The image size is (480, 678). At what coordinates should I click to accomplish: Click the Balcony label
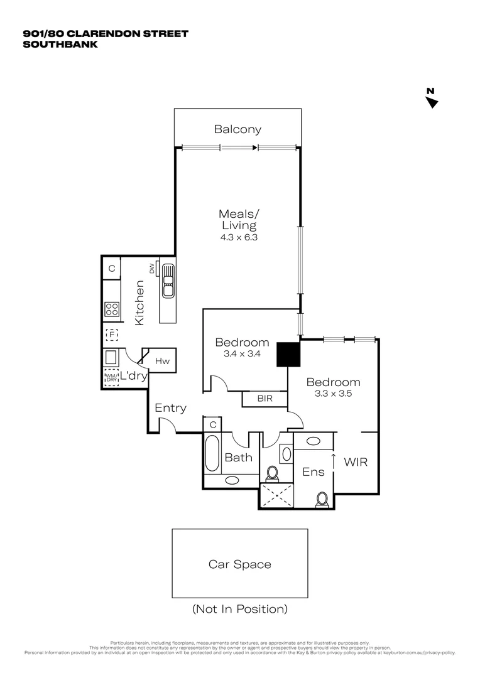tap(237, 130)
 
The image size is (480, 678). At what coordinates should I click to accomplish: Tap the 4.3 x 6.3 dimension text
tap(238, 238)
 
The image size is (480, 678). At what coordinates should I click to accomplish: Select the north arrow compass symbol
tap(432, 100)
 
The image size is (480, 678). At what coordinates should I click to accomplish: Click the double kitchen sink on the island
tap(168, 280)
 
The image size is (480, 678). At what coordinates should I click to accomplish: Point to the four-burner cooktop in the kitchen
tap(112, 309)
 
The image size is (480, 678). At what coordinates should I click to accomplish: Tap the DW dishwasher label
tap(152, 269)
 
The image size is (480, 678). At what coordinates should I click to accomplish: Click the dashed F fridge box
tap(112, 335)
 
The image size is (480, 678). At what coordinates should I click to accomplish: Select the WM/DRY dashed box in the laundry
tap(112, 377)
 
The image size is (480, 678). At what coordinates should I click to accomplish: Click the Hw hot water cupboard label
tap(162, 361)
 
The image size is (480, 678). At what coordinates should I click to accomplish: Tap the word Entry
tap(170, 408)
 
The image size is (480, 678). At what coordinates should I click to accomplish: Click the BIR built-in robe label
tap(265, 398)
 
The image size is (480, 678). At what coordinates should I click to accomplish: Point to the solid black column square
tap(289, 353)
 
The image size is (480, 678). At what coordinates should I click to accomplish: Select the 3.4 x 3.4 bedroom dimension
tap(242, 354)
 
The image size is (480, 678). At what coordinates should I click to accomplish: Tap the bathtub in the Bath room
tap(212, 456)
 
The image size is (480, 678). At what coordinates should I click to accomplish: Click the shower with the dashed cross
tap(276, 494)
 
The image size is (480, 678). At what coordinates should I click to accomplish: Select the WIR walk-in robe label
tap(355, 462)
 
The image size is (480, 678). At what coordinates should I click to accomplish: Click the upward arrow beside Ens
tap(333, 460)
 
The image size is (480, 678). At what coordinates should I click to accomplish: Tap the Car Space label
tap(240, 564)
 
